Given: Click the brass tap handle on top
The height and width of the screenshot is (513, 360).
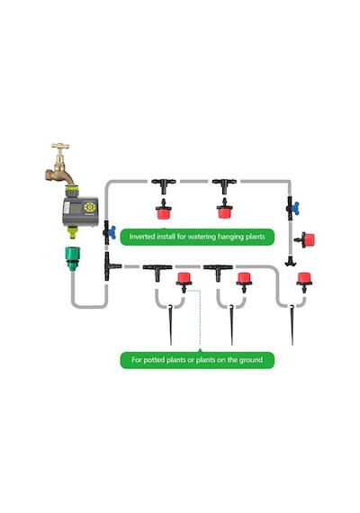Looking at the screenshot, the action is click(60, 146).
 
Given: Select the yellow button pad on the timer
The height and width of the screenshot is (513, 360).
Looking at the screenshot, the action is click(89, 207).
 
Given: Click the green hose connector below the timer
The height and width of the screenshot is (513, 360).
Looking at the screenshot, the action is click(72, 257).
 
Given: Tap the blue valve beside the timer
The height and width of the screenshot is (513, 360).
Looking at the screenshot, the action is click(111, 232).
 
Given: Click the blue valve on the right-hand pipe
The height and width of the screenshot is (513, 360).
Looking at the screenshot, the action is click(295, 209).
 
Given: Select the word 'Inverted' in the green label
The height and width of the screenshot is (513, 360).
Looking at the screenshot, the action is click(141, 236).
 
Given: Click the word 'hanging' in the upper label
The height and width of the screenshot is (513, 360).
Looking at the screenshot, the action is click(228, 237).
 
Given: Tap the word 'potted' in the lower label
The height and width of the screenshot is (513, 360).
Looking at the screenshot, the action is click(154, 360).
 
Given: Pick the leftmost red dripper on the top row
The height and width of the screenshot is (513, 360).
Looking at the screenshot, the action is click(163, 209).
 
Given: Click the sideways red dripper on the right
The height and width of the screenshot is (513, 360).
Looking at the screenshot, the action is click(305, 239).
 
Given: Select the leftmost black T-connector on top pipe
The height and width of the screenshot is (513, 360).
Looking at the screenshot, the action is click(164, 184).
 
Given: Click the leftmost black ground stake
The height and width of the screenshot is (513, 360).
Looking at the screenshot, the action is click(170, 325).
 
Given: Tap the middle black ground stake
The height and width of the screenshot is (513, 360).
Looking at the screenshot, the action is click(231, 325).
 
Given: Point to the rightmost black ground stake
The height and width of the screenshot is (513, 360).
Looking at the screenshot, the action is click(292, 325).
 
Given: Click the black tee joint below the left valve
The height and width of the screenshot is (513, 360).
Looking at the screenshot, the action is click(110, 266).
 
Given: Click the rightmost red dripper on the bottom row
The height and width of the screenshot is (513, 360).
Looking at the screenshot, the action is click(304, 282).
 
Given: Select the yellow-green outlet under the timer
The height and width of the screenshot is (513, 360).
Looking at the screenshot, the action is click(73, 232).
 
